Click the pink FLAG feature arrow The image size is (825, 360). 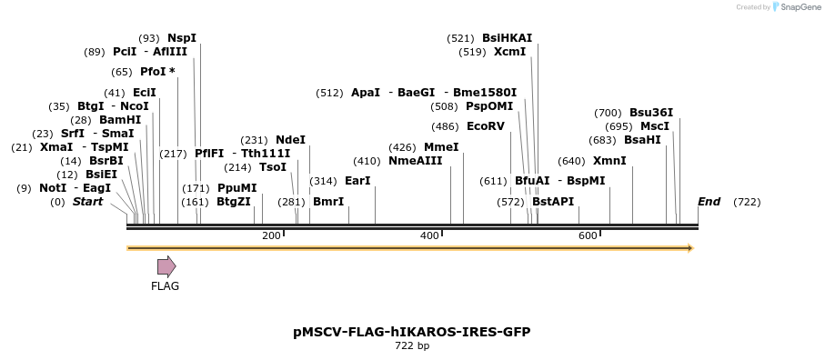click(166, 265)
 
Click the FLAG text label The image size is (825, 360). click(165, 286)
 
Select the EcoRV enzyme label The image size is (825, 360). click(485, 126)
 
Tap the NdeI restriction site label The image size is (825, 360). click(290, 140)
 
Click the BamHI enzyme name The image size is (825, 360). click(120, 120)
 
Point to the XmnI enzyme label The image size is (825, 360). click(609, 161)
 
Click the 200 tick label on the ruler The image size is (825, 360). click(271, 236)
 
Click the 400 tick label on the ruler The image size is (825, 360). click(429, 236)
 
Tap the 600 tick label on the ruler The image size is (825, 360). click(588, 236)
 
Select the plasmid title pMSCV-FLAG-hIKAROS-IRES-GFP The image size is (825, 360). click(411, 332)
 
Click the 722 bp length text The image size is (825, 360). click(411, 345)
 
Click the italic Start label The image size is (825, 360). click(88, 201)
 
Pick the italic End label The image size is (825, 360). click(709, 201)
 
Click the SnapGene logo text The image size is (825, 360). click(797, 7)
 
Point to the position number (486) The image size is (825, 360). click(445, 126)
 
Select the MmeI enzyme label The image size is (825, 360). click(441, 147)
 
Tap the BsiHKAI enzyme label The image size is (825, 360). click(507, 38)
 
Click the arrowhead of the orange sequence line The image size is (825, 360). click(689, 248)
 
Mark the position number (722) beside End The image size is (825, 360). click(747, 201)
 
